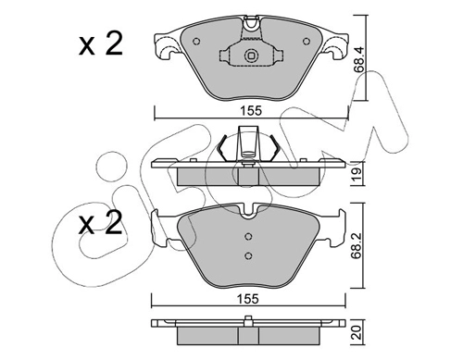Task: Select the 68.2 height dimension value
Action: click(x=358, y=246)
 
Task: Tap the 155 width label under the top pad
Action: click(x=251, y=111)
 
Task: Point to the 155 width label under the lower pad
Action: click(x=248, y=299)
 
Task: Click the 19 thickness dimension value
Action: click(x=357, y=174)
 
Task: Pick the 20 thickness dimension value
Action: click(x=357, y=333)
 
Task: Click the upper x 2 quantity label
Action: click(x=100, y=43)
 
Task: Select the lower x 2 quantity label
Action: click(x=100, y=223)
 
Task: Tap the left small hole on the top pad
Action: click(x=196, y=42)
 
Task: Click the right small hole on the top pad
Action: click(x=306, y=42)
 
